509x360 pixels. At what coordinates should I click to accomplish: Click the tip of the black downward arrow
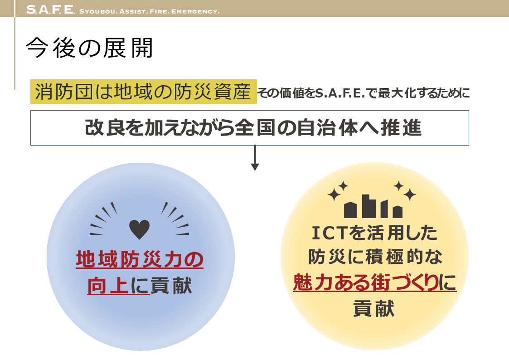255,170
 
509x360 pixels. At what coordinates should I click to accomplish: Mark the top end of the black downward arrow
255,146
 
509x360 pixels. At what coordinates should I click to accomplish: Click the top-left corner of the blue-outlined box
30,111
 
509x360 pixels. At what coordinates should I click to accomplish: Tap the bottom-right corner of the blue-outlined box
469,145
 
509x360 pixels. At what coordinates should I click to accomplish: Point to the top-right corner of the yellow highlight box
257,79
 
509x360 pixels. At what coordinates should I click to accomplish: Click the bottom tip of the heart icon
139,239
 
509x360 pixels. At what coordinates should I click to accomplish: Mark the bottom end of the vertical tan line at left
15,89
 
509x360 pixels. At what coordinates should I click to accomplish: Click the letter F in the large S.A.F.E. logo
56,10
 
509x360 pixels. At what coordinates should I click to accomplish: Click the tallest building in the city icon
369,206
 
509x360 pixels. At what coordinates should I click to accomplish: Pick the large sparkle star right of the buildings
409,195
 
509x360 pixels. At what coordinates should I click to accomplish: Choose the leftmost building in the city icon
350,210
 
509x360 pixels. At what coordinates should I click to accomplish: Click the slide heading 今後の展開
89,48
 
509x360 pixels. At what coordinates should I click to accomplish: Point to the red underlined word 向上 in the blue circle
108,286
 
